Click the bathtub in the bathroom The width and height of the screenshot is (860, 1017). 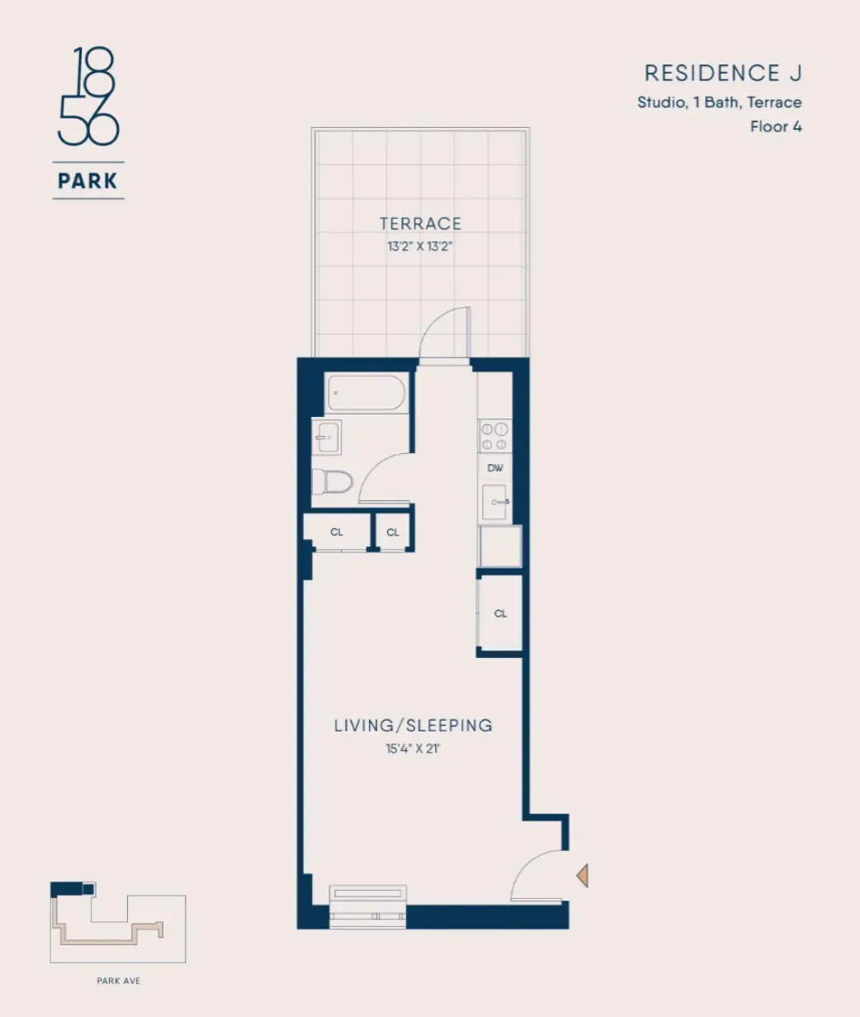click(x=366, y=393)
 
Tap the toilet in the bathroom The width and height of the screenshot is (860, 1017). click(x=333, y=481)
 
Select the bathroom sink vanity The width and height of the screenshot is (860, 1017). click(x=326, y=437)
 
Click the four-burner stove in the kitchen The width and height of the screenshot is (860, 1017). click(x=495, y=436)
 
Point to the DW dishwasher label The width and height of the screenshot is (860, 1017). click(x=495, y=468)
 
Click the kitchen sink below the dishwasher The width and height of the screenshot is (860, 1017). click(x=495, y=502)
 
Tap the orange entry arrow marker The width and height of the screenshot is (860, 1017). click(x=583, y=874)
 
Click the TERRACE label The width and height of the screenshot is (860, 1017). click(x=420, y=224)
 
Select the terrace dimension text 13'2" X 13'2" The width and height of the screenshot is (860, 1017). click(x=420, y=246)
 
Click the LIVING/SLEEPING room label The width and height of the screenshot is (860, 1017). click(x=413, y=726)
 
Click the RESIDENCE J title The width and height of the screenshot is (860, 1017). click(x=723, y=73)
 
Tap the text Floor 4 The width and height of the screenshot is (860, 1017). click(x=776, y=127)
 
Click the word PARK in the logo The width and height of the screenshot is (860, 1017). click(x=88, y=180)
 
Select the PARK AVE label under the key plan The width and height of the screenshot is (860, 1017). click(x=117, y=982)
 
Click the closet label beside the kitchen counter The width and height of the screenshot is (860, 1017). click(x=500, y=613)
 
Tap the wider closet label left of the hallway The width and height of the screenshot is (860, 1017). click(x=337, y=532)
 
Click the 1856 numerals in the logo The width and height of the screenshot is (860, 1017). click(x=88, y=97)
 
